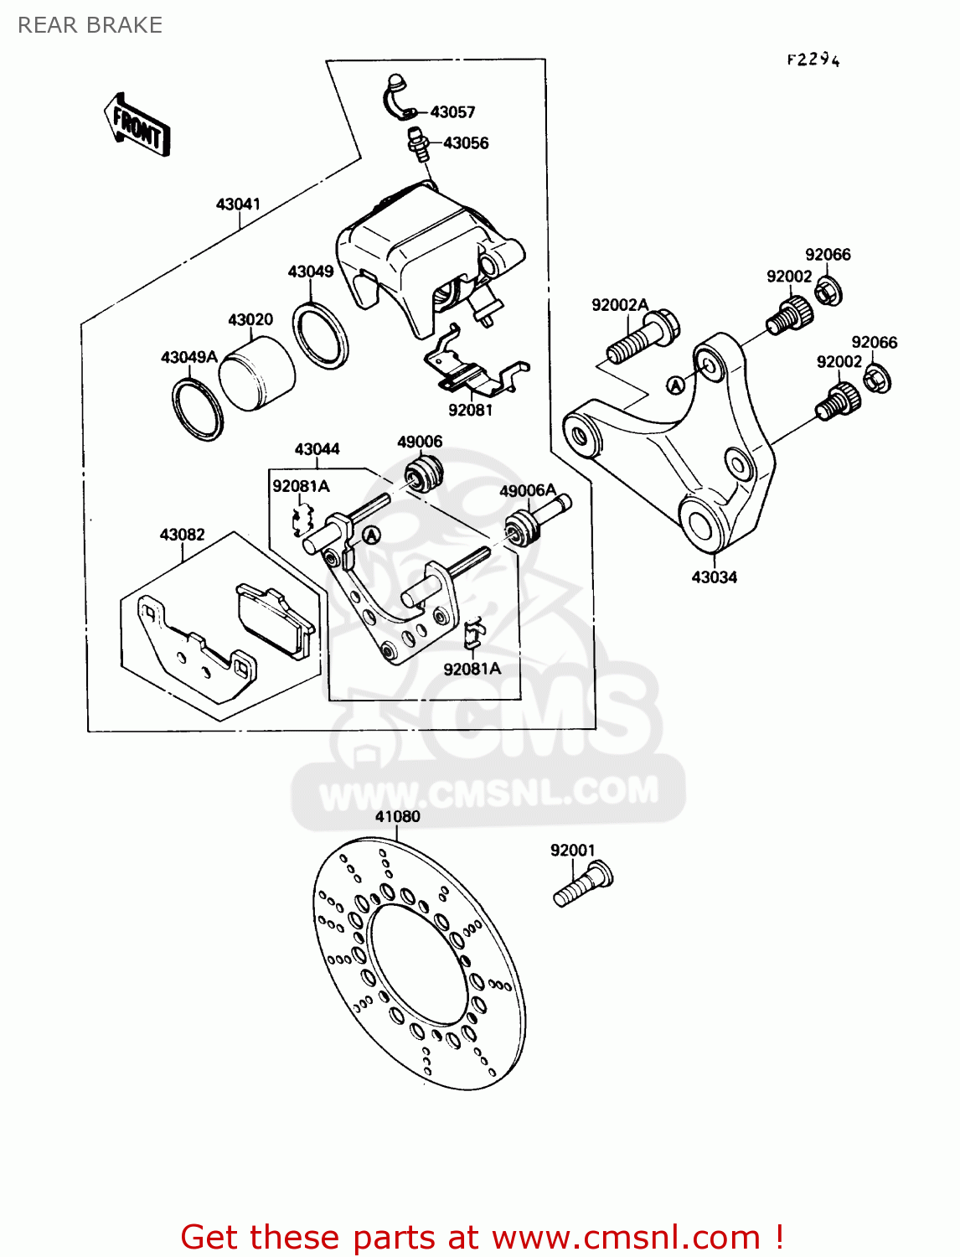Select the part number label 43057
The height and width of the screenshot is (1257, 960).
pos(452,112)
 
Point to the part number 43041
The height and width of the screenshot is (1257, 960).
pos(238,204)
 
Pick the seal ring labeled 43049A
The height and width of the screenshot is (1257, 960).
pos(198,409)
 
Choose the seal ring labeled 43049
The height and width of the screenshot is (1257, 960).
pos(320,334)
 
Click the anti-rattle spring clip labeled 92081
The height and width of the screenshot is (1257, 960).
pos(473,369)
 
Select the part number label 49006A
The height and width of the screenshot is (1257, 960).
pos(528,491)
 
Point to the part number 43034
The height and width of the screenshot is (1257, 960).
pos(714,577)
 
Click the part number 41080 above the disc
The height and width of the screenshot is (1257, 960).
pos(397,817)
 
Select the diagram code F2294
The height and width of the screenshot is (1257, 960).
pos(813,59)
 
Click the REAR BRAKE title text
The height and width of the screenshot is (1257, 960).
pos(90,25)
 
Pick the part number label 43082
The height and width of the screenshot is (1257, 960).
pos(182,535)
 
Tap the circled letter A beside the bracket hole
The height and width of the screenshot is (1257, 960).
pos(675,385)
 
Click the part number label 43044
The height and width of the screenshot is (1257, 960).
pos(317,449)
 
